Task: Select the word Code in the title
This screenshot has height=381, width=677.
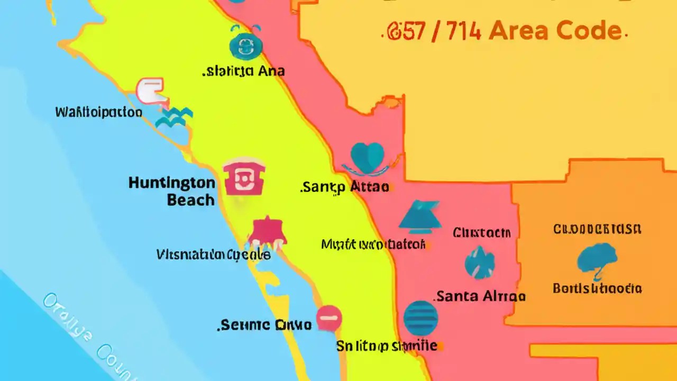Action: pos(591,31)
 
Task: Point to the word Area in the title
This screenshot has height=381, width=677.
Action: pos(521,31)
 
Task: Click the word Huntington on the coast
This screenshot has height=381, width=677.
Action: pos(172,184)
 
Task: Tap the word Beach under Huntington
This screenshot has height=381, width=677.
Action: pos(191,200)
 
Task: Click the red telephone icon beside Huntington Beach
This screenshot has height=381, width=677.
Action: pos(244,178)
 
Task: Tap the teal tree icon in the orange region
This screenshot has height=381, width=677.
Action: pos(597,259)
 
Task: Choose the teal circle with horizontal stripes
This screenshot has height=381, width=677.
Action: pos(420,318)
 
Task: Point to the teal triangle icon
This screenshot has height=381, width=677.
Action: pos(420,216)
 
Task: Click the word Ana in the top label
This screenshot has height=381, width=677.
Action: pos(271,71)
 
